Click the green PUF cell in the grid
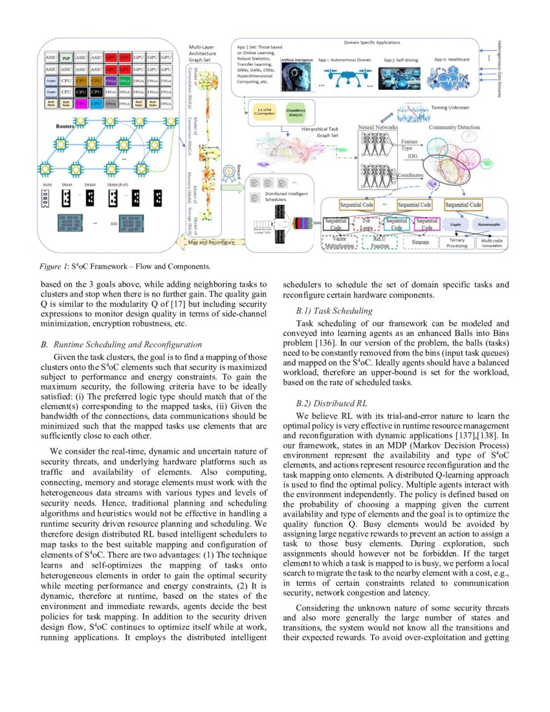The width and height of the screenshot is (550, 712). [66, 58]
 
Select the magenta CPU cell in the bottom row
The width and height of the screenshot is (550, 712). [82, 102]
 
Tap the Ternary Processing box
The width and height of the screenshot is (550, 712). [457, 243]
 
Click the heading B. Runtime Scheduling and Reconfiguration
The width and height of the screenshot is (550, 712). [121, 344]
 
